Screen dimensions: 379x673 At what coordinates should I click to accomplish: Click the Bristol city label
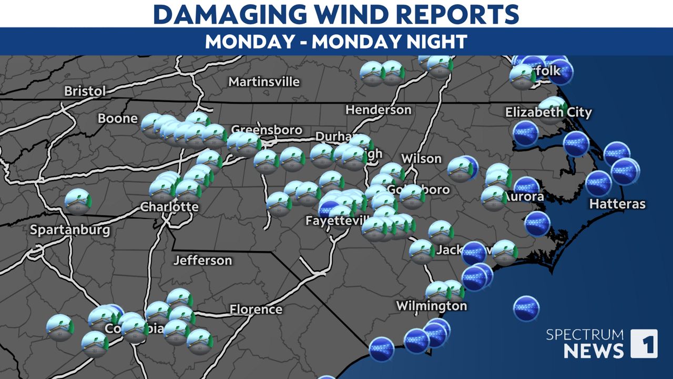pos(85,91)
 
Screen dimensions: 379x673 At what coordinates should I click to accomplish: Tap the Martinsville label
pos(264,82)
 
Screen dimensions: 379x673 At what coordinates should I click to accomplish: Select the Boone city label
pos(118,118)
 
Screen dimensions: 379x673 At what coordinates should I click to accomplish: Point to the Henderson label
pos(378,110)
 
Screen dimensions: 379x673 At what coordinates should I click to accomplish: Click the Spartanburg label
pos(70,230)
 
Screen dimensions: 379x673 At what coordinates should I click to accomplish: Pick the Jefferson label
pos(202,260)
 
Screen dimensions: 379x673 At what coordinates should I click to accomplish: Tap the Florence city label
pos(256,309)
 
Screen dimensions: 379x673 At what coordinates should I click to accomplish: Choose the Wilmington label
pos(431,306)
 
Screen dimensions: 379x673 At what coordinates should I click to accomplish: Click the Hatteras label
pos(617,204)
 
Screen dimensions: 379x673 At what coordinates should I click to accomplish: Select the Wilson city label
pos(421,158)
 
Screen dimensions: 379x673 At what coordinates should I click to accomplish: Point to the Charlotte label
pos(169,207)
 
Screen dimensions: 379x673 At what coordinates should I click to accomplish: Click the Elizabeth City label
pos(548,112)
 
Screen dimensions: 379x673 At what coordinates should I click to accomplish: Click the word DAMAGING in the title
pos(225,14)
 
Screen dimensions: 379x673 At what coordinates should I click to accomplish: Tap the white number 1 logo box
pos(644,344)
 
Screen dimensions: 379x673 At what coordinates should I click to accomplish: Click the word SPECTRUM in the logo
pos(585,335)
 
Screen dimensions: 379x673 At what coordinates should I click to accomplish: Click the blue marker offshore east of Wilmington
pos(526,308)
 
